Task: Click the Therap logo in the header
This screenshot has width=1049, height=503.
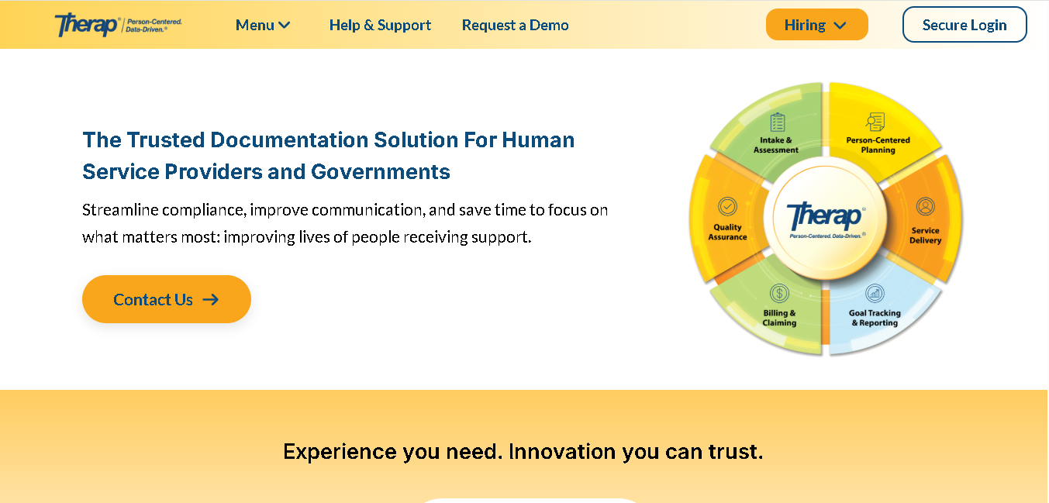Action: pyautogui.click(x=118, y=25)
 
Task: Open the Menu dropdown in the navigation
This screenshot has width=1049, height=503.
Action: pyautogui.click(x=263, y=25)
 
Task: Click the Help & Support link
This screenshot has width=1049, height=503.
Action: pyautogui.click(x=380, y=25)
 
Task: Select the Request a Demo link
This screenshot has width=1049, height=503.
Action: pyautogui.click(x=515, y=25)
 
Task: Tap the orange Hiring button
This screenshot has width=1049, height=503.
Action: pyautogui.click(x=816, y=24)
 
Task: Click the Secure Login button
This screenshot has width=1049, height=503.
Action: pyautogui.click(x=964, y=24)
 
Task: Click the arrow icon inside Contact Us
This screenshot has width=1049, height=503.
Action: pyautogui.click(x=211, y=299)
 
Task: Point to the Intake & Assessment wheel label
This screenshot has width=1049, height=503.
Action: pyautogui.click(x=776, y=145)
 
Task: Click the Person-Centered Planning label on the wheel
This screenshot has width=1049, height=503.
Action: pyautogui.click(x=878, y=145)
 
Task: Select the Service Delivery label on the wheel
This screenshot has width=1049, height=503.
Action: pyautogui.click(x=926, y=235)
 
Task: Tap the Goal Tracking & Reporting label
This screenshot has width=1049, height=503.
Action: pyautogui.click(x=875, y=318)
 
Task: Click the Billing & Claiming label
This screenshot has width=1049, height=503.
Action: pyautogui.click(x=779, y=318)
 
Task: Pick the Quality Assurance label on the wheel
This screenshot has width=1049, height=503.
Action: pyautogui.click(x=727, y=232)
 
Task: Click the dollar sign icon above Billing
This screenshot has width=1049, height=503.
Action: pyautogui.click(x=779, y=294)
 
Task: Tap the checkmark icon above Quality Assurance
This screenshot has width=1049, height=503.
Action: pyautogui.click(x=727, y=206)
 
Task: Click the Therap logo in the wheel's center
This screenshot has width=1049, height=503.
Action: pyautogui.click(x=826, y=220)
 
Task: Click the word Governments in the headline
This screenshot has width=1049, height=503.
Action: pyautogui.click(x=380, y=171)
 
